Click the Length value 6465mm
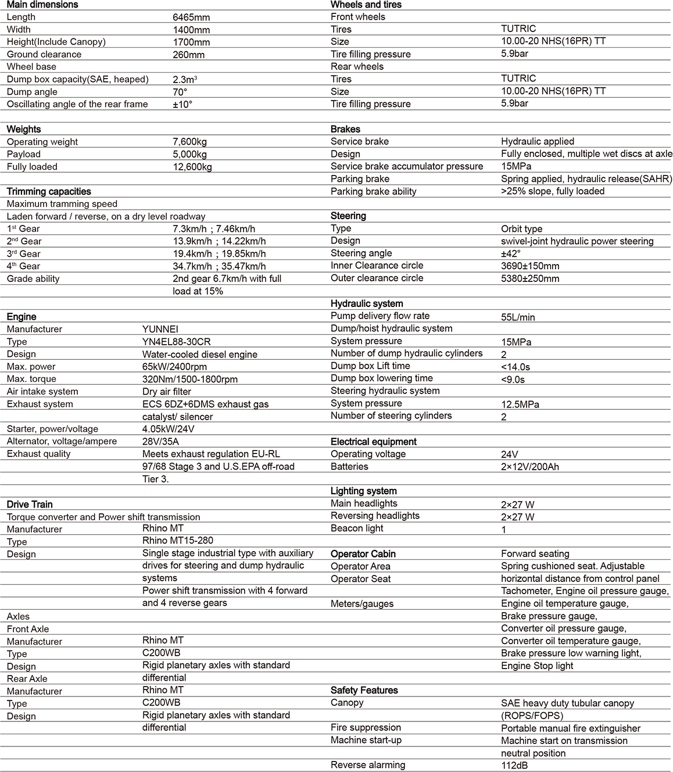click(191, 17)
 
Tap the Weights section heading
click(24, 129)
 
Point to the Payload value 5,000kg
click(189, 154)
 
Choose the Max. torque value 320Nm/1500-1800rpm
click(189, 379)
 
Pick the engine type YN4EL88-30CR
click(177, 342)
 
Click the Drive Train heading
click(30, 505)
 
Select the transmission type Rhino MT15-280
click(178, 541)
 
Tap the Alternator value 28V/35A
click(160, 442)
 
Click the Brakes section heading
click(345, 129)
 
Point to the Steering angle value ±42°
click(511, 253)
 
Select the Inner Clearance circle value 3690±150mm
click(530, 266)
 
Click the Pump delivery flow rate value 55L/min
click(518, 317)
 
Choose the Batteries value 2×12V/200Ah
click(530, 467)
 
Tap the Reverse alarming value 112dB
click(514, 766)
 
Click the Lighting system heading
click(364, 491)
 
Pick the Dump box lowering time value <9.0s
click(513, 380)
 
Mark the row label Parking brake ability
click(374, 191)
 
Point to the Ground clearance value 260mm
click(189, 55)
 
